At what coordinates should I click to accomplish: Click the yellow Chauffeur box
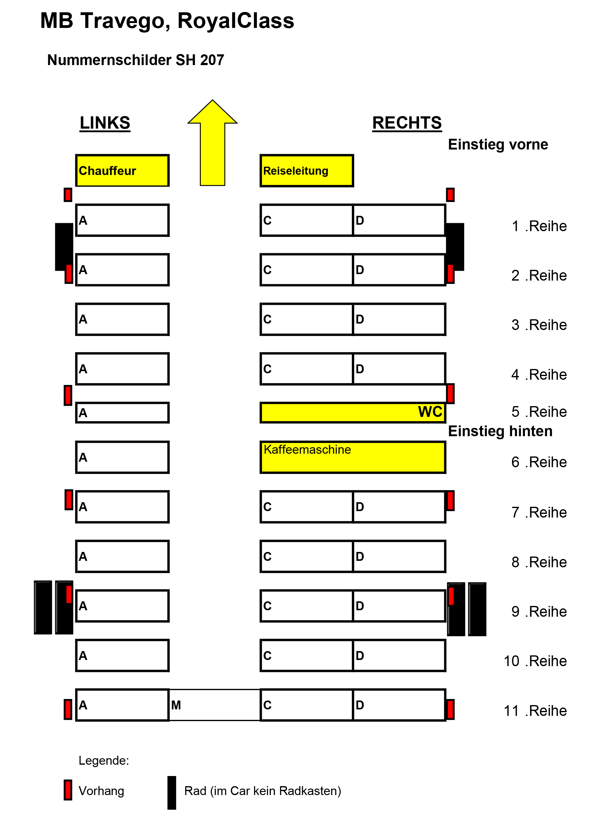point(122,171)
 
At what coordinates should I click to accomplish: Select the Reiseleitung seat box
point(307,171)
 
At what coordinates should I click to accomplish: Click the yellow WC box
point(353,412)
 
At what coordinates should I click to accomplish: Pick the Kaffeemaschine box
point(353,457)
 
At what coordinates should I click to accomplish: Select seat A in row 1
point(122,220)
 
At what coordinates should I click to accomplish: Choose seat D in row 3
point(399,319)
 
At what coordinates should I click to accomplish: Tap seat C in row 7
point(307,506)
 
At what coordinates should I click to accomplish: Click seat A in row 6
point(122,457)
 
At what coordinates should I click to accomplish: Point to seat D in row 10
point(399,655)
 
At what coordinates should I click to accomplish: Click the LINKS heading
point(105,123)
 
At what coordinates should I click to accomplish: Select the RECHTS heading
point(407,123)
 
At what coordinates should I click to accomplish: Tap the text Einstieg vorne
point(498,145)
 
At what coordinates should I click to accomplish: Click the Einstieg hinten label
point(500,431)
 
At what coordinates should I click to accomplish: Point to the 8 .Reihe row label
point(539,562)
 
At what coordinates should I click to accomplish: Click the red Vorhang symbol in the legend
point(68,790)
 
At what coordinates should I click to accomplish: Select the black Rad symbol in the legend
point(172,792)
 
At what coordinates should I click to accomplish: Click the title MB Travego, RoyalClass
point(167,21)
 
